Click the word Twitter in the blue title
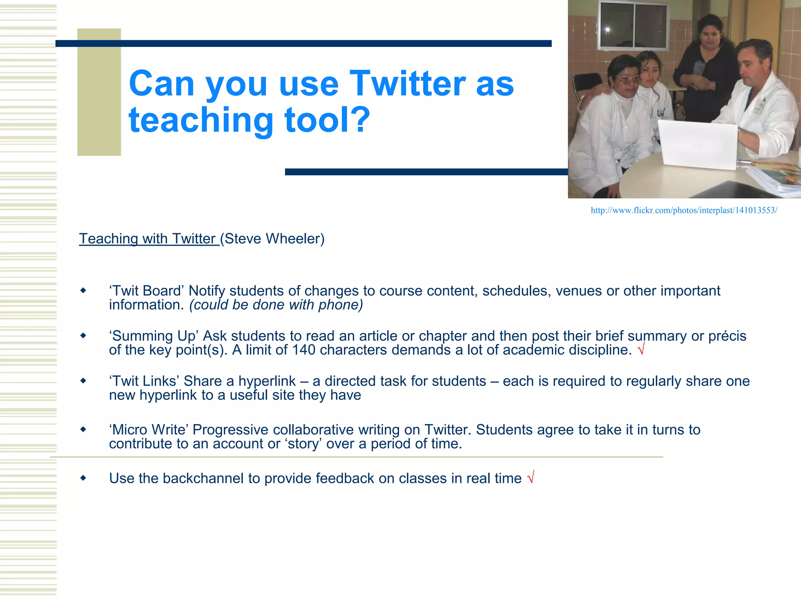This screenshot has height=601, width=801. [407, 83]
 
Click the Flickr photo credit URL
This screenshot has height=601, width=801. [684, 211]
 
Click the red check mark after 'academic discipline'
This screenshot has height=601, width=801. [641, 349]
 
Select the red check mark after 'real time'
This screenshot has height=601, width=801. [531, 478]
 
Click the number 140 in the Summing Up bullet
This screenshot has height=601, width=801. [304, 350]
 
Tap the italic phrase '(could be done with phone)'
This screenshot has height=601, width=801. [276, 305]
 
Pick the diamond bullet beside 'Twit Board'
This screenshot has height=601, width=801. [83, 291]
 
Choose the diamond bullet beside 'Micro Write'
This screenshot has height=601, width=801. [83, 430]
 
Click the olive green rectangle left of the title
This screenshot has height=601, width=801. [99, 92]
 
